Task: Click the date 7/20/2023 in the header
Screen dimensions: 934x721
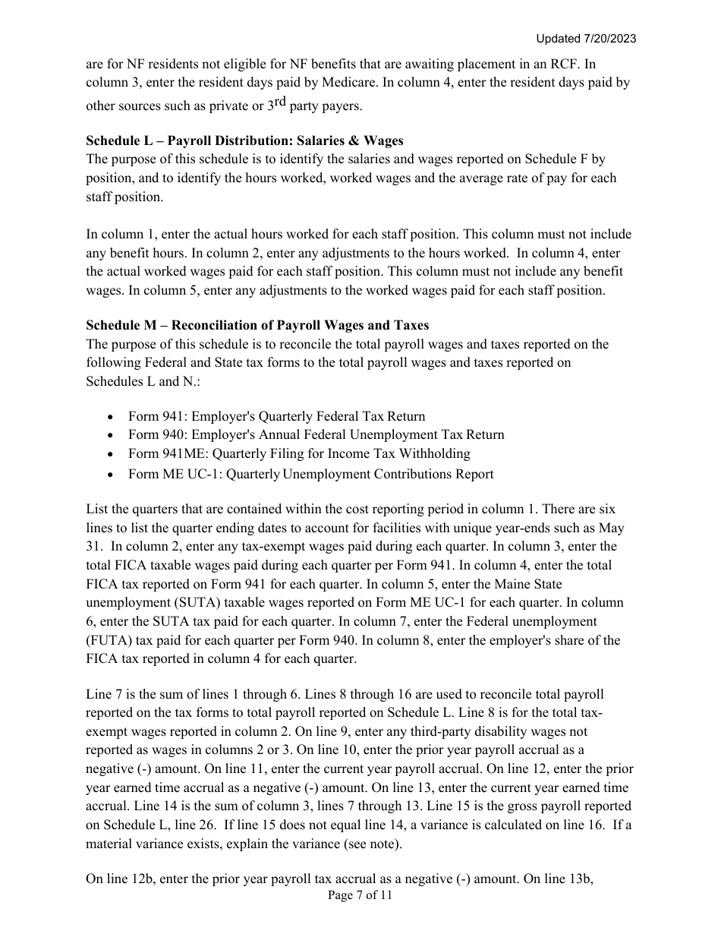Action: (610, 39)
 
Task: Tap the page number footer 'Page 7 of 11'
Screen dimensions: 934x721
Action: (360, 895)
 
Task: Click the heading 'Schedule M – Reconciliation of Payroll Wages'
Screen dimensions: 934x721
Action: (257, 325)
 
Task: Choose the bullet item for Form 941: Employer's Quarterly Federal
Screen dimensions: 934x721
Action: (276, 416)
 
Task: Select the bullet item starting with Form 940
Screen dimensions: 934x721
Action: (316, 434)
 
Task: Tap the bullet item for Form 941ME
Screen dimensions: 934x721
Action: (299, 453)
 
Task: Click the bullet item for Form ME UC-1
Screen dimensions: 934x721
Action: (310, 474)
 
